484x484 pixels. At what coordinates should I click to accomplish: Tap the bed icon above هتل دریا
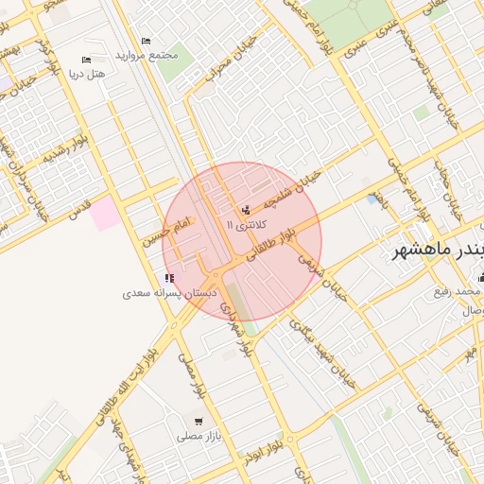[86, 60]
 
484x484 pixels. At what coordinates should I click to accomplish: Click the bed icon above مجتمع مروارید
[145, 41]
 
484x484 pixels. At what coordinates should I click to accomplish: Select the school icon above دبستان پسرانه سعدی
[169, 278]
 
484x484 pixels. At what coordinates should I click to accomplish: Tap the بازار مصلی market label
[198, 437]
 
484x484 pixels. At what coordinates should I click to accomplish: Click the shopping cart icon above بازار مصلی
[198, 422]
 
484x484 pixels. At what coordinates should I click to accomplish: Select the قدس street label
[77, 206]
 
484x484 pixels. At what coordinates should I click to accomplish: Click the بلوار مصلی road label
[193, 376]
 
